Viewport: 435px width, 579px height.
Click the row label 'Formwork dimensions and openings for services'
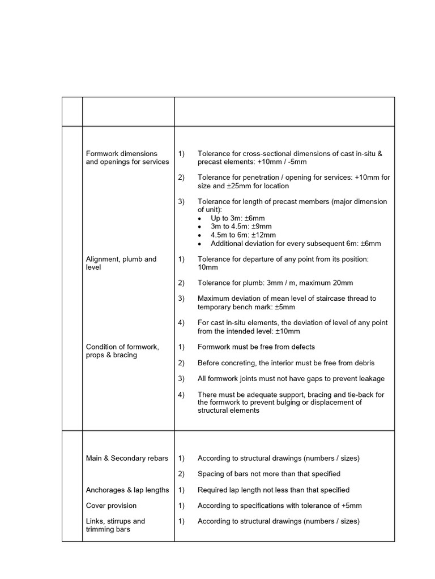tap(127, 158)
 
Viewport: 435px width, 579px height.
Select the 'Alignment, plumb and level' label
tap(121, 263)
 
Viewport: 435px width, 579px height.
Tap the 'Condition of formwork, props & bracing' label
tap(122, 351)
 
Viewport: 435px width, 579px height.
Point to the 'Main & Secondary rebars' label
tap(127, 458)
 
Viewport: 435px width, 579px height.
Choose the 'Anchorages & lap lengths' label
tap(127, 490)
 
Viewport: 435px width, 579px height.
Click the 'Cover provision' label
tap(111, 505)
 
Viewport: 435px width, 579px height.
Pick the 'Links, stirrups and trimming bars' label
tap(115, 525)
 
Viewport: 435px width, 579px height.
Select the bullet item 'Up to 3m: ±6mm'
tap(237, 218)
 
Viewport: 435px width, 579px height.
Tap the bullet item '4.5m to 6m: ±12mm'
tap(243, 235)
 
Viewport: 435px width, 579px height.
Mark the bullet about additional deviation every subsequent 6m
tap(295, 244)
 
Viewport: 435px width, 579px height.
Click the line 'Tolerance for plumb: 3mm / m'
tap(275, 283)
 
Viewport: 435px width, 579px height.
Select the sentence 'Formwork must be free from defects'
tap(256, 347)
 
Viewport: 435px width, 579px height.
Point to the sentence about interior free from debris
tap(285, 362)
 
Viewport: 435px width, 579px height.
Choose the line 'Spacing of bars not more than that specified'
tap(268, 474)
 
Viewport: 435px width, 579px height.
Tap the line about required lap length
tap(273, 490)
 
